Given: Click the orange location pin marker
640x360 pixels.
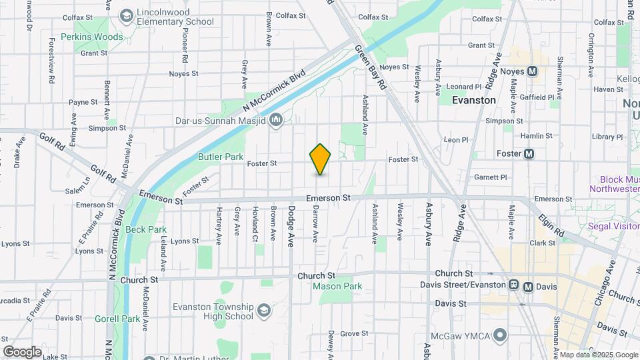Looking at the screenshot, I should (321, 159).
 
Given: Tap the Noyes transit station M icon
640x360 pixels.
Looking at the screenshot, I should (532, 71).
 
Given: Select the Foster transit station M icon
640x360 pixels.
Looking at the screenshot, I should (529, 154).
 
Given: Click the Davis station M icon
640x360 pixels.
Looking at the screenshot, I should (528, 286).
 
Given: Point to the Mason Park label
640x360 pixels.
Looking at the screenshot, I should (337, 287).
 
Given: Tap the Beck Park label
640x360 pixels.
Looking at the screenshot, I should (146, 229).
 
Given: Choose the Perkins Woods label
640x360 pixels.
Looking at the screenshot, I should (92, 37).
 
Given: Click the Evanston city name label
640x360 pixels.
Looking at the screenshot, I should (474, 100).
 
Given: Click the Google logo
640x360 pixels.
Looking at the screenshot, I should (22, 351).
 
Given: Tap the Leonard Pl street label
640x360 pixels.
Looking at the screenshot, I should (463, 87).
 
